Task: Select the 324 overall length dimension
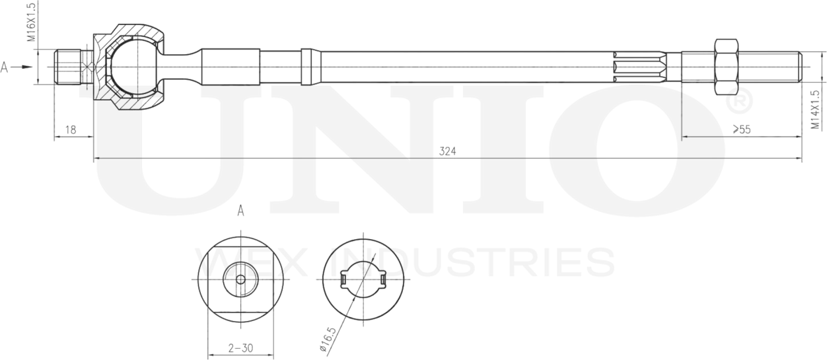point(447,151)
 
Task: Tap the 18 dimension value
point(71,129)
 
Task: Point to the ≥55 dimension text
point(742,129)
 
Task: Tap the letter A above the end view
point(240,211)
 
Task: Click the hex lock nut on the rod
point(725,67)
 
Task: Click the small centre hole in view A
point(240,279)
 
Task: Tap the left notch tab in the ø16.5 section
point(343,279)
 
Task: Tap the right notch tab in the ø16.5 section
point(383,279)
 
